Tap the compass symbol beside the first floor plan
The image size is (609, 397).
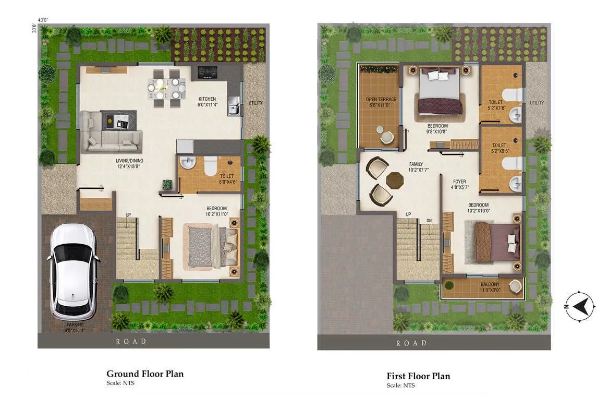[x=580, y=305]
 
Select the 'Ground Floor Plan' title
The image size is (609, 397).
[x=145, y=374]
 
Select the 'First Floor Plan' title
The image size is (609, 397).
[x=418, y=376]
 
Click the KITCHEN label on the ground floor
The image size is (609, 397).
[x=207, y=99]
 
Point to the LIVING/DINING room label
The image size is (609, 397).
[x=130, y=160]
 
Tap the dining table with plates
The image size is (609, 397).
[x=166, y=88]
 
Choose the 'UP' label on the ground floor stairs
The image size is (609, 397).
[x=128, y=214]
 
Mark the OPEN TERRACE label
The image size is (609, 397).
[x=381, y=99]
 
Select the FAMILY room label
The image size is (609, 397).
[x=416, y=164]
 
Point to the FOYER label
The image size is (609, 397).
[x=459, y=182]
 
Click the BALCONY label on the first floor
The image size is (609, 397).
[x=490, y=285]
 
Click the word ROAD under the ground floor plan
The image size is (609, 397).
[x=131, y=341]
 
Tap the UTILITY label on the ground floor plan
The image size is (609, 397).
[x=255, y=102]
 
